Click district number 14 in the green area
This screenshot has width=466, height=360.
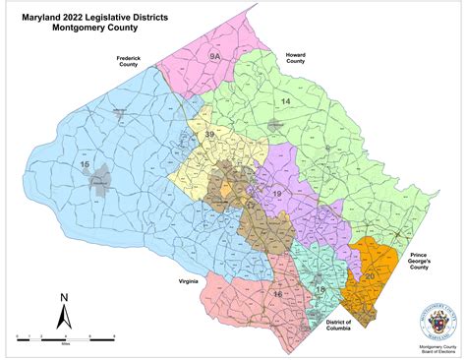pos(286,102)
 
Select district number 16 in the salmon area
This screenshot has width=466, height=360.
pos(277,294)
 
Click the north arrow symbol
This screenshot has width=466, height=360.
pos(62,317)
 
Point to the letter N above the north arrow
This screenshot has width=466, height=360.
pos(63,296)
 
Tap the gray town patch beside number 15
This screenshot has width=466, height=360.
pos(99,181)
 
